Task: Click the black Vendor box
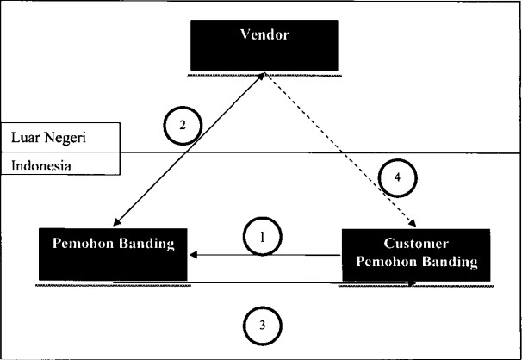tap(264, 46)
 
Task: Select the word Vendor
tap(264, 34)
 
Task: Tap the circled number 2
tap(183, 126)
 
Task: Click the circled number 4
tap(397, 177)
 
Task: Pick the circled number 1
tap(263, 237)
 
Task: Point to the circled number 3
tap(263, 325)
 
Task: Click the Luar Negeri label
tap(48, 138)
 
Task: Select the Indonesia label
tap(41, 165)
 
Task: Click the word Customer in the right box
tap(416, 243)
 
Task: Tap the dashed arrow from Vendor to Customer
tap(340, 150)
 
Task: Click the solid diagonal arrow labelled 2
tap(189, 149)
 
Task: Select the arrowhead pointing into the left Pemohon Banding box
tap(194, 255)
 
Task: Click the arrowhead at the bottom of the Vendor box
tap(261, 76)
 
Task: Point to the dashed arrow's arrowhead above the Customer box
tap(413, 223)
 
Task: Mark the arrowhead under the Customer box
tap(413, 283)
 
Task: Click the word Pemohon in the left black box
tap(84, 243)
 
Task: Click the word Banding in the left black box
tap(146, 244)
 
